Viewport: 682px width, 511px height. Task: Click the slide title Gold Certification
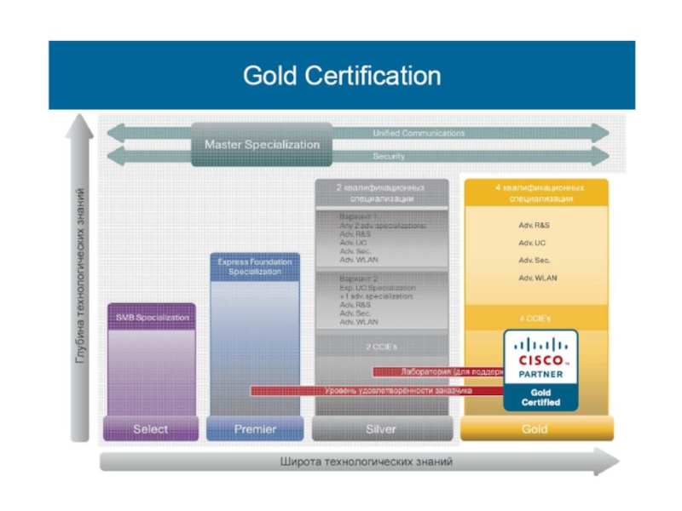coord(342,76)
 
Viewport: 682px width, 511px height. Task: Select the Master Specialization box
coord(262,144)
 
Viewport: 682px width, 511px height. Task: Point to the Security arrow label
coord(389,157)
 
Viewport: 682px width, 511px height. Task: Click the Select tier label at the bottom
coord(150,429)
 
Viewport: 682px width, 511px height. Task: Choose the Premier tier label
coord(255,429)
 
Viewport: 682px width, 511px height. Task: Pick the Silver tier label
coord(380,429)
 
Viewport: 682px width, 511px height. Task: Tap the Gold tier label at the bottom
coord(535,429)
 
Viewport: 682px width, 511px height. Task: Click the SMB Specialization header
coord(152,318)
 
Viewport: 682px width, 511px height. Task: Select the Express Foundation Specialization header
coord(255,267)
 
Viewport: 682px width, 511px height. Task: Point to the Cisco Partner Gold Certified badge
coord(540,370)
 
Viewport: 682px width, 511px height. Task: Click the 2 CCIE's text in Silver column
coord(381,347)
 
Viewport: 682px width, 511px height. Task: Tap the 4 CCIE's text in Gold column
coord(535,318)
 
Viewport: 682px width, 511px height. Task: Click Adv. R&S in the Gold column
coord(535,226)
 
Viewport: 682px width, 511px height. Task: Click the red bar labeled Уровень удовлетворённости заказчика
coord(375,391)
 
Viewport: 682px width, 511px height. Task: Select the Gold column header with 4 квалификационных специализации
coord(535,192)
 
